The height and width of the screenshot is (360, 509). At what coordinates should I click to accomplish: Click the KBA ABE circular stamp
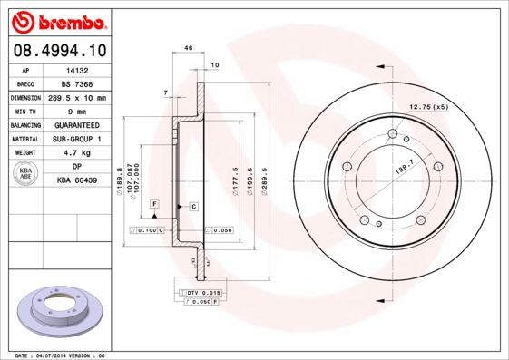tap(26, 174)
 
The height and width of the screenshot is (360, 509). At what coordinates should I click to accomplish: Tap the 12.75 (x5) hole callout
tap(429, 108)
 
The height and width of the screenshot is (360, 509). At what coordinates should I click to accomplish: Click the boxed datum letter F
tap(155, 202)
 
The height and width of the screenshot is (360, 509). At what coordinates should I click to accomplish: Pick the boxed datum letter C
tap(193, 207)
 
